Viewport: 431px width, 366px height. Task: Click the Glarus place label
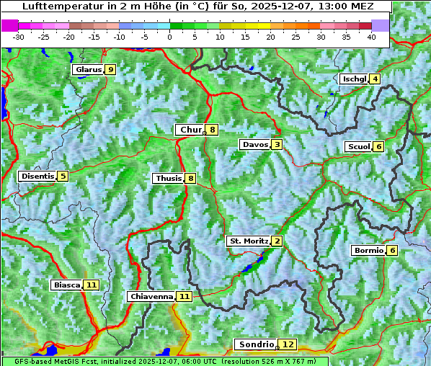click(87, 70)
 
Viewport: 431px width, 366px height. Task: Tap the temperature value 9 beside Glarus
click(110, 70)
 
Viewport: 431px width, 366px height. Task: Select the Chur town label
click(190, 130)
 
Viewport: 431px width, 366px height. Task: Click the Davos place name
click(254, 145)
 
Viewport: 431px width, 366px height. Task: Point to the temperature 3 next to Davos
click(277, 145)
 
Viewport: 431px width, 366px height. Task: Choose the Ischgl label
click(354, 79)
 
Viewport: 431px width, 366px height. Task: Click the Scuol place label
click(358, 146)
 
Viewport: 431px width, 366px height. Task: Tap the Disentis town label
click(37, 176)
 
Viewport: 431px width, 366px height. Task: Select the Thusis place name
click(168, 178)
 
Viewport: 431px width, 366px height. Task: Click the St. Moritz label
click(248, 241)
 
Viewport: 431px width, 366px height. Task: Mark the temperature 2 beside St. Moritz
click(277, 241)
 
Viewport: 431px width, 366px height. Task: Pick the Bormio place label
click(368, 251)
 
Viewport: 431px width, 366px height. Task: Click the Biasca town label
click(66, 285)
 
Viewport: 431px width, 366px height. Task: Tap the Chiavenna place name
click(151, 296)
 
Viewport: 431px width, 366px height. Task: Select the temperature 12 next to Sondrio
click(288, 344)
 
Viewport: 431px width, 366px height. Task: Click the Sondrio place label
click(256, 344)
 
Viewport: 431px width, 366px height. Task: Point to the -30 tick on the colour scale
click(19, 37)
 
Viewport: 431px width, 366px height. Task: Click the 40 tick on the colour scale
click(371, 37)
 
